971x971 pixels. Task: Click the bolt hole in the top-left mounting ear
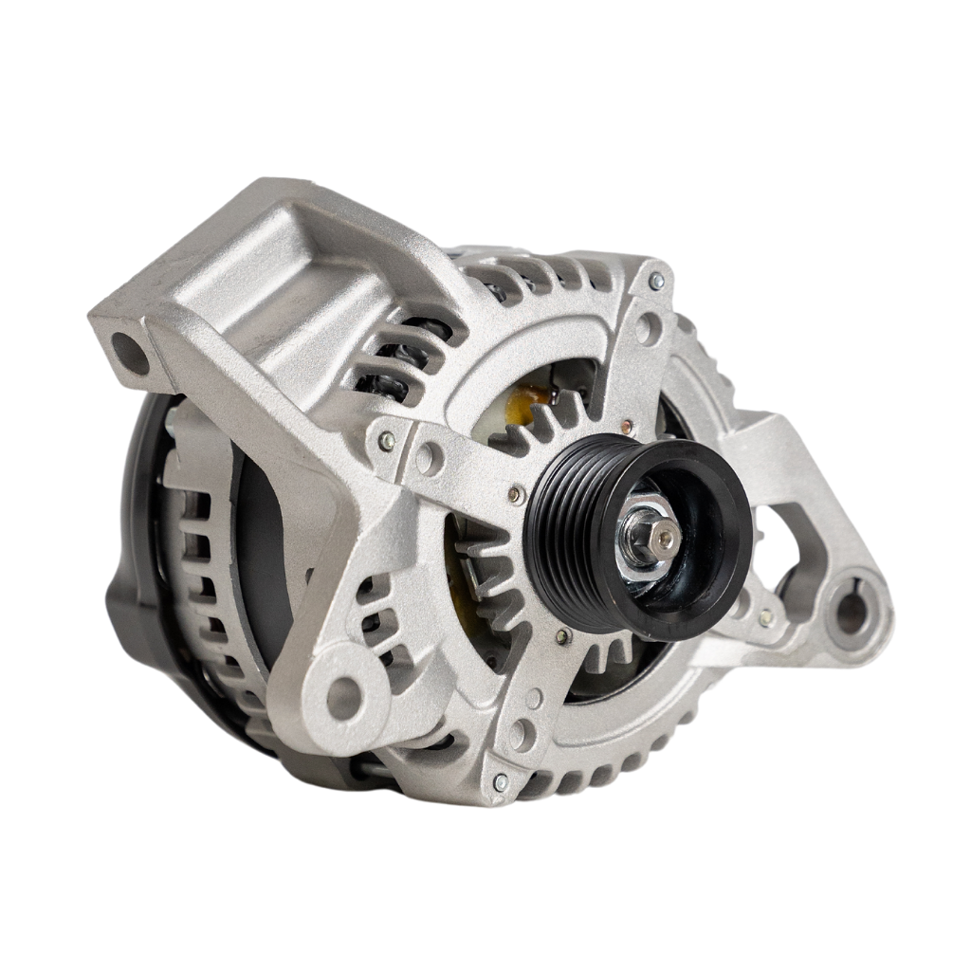pyautogui.click(x=130, y=353)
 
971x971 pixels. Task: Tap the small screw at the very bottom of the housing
pyautogui.click(x=501, y=781)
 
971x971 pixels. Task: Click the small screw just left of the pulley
pyautogui.click(x=515, y=494)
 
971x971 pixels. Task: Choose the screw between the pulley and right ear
pyautogui.click(x=765, y=617)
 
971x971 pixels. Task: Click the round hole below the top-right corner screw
pyautogui.click(x=648, y=328)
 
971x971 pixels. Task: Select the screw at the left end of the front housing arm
pyautogui.click(x=387, y=440)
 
